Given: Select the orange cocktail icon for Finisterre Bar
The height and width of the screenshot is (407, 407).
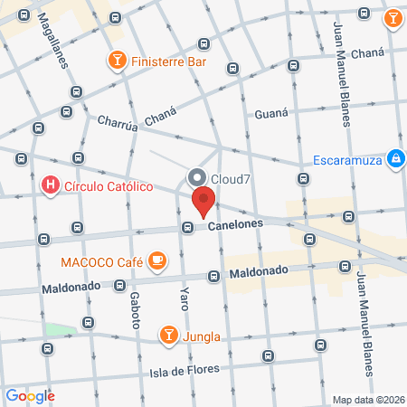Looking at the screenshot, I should pos(117,61).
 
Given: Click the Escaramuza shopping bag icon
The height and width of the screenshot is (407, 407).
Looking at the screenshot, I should pos(394,159).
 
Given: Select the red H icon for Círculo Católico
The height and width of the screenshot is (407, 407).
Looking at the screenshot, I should pos(51,187).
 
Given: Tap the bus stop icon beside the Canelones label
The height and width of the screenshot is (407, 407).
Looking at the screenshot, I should pos(187,227).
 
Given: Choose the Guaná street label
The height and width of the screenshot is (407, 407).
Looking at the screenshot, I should pos(272,114).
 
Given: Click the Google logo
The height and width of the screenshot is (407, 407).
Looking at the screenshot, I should pos(31,395).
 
